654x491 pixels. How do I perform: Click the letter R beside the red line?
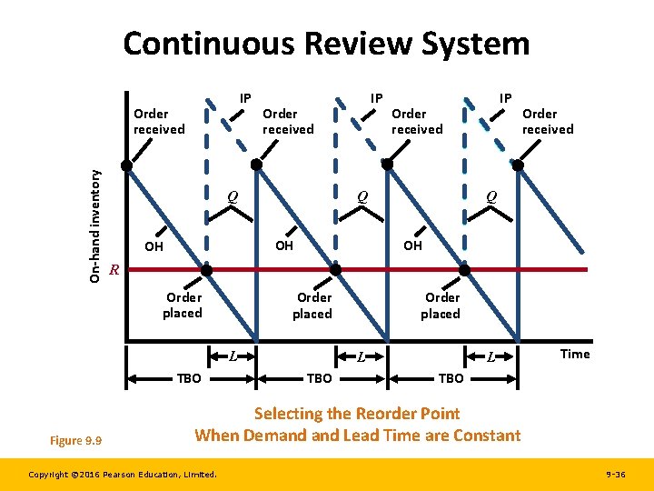coord(114,270)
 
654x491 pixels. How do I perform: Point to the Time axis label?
coord(574,354)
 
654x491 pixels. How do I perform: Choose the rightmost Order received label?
coord(547,121)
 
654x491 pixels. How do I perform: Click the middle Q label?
coord(362,195)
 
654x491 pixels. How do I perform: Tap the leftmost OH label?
coord(154,246)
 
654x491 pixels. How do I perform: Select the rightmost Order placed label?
coord(441,306)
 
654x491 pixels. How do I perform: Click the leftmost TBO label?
coord(189,377)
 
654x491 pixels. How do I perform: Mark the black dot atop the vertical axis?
coord(127,165)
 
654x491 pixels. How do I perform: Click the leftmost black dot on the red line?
coord(206,270)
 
